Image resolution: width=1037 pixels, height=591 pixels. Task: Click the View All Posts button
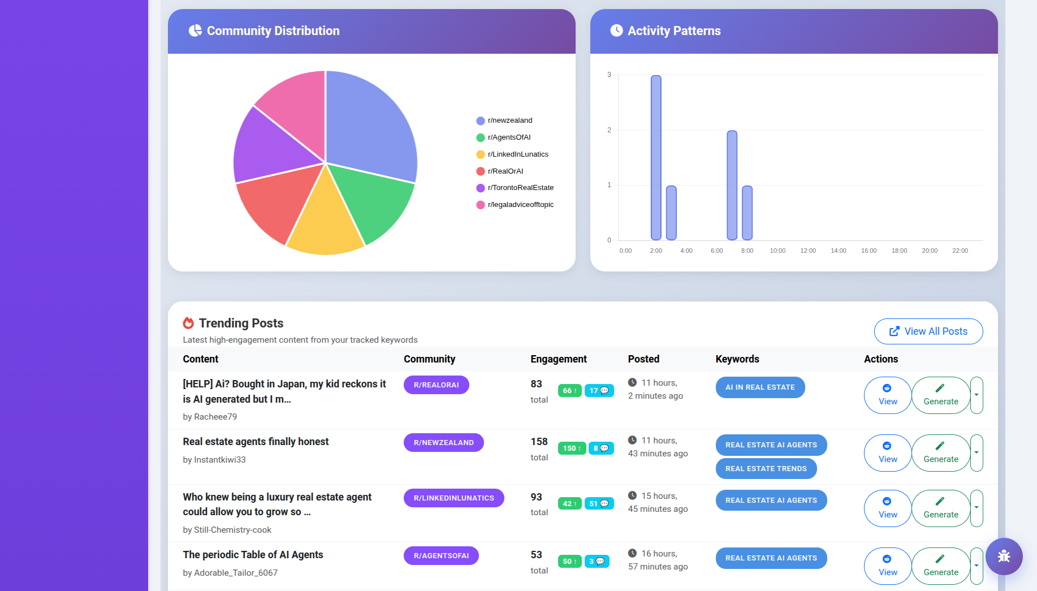click(928, 331)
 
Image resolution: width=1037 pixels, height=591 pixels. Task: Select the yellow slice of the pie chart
click(325, 223)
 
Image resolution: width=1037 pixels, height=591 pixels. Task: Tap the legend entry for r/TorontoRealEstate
click(520, 188)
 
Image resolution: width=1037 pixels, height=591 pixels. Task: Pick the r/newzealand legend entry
click(509, 120)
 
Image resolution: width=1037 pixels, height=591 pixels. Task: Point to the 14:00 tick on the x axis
click(838, 251)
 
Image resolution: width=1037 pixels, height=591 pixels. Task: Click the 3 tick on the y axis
click(609, 75)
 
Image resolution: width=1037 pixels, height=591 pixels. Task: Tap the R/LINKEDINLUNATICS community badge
click(453, 498)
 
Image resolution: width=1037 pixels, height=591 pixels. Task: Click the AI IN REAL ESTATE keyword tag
click(760, 387)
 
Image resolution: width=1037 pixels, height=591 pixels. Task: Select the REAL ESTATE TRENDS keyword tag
click(766, 469)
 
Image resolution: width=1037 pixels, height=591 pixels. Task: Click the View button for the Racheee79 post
click(887, 395)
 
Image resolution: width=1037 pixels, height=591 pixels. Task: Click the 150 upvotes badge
click(572, 448)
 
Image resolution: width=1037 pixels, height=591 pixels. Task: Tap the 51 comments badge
click(599, 504)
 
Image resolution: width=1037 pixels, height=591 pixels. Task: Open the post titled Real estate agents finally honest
click(256, 442)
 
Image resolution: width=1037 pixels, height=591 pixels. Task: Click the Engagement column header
click(558, 359)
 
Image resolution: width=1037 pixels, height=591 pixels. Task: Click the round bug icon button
click(1004, 557)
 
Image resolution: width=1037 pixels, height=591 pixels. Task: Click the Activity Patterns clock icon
click(616, 31)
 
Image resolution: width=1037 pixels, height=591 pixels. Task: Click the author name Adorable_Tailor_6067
click(235, 573)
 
